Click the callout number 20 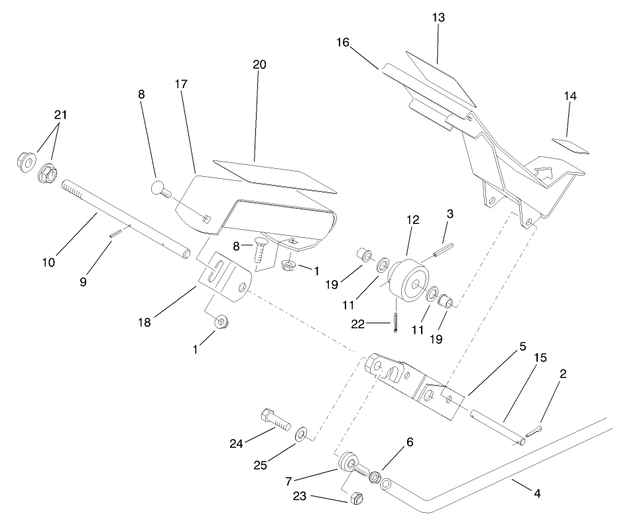point(259,64)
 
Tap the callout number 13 point(438,17)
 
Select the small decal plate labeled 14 point(571,145)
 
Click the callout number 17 point(182,84)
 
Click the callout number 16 point(343,42)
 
